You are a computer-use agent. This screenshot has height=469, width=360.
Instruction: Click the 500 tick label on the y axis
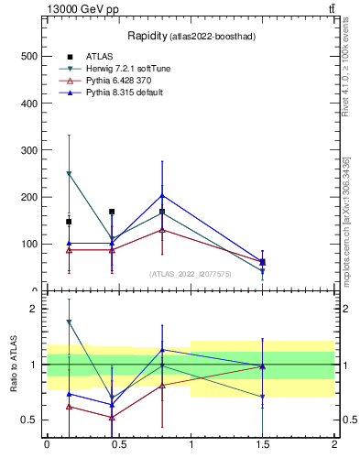(x=28, y=57)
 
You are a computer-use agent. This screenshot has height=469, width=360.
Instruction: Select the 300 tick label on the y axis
(x=28, y=150)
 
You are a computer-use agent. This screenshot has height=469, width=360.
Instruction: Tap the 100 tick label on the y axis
(x=28, y=244)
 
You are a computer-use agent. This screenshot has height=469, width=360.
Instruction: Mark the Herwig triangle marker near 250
(x=69, y=173)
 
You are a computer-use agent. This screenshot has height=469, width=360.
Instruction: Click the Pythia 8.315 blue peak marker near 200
(x=162, y=195)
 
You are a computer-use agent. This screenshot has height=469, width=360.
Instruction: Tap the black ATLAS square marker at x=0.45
(x=112, y=212)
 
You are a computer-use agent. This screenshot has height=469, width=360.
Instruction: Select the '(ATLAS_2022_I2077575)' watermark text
(x=191, y=274)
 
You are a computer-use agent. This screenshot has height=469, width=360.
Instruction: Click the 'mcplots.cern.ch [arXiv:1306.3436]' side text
(x=346, y=220)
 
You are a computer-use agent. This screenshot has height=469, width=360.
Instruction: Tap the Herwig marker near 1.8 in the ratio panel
(x=69, y=322)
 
